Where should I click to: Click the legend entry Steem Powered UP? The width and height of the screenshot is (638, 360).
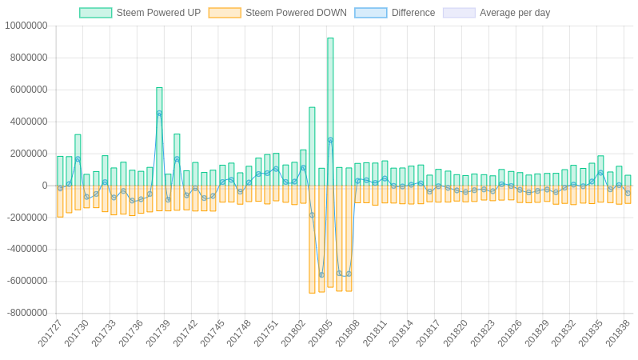pyautogui.click(x=140, y=13)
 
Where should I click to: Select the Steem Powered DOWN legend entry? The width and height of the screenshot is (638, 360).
pyautogui.click(x=277, y=13)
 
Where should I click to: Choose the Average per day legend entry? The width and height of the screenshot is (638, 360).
pyautogui.click(x=496, y=13)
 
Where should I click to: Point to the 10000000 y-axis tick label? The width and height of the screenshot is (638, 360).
pyautogui.click(x=26, y=26)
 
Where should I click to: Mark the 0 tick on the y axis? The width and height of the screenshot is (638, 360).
pyautogui.click(x=45, y=186)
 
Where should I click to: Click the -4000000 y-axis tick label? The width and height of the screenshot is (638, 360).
pyautogui.click(x=26, y=249)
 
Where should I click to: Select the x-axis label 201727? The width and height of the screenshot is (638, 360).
pyautogui.click(x=50, y=333)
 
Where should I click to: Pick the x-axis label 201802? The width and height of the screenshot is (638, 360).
pyautogui.click(x=293, y=333)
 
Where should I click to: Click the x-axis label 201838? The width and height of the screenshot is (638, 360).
pyautogui.click(x=618, y=333)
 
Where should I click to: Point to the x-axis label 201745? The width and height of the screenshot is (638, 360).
pyautogui.click(x=213, y=333)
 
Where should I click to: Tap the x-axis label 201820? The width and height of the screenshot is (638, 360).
pyautogui.click(x=456, y=333)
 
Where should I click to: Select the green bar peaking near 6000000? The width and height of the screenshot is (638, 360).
pyautogui.click(x=159, y=136)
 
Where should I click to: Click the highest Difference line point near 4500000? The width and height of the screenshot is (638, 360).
pyautogui.click(x=159, y=114)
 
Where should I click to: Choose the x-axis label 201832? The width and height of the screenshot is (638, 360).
pyautogui.click(x=564, y=333)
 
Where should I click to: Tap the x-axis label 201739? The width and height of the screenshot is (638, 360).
pyautogui.click(x=158, y=333)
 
